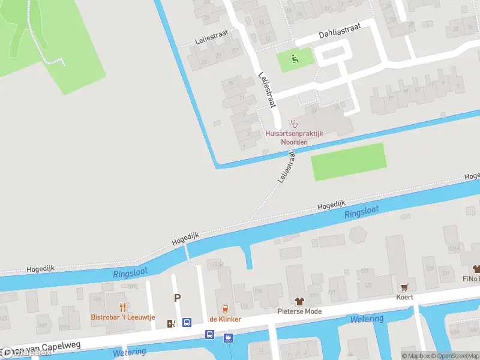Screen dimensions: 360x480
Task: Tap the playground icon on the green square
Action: (295, 58)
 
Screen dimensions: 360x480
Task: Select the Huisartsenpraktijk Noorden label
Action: (295, 137)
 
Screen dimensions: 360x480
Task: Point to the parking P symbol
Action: (177, 298)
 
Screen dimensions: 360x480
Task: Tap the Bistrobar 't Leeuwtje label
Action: (123, 317)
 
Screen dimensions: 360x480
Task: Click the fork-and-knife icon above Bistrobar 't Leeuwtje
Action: (123, 307)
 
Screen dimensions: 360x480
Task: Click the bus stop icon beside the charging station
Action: (187, 323)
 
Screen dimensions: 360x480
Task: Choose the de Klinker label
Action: (225, 319)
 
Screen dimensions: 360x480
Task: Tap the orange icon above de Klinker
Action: (225, 309)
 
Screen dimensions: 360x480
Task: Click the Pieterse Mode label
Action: (299, 311)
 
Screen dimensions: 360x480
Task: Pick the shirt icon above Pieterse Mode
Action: (299, 301)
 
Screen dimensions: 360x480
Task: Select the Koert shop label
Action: (405, 297)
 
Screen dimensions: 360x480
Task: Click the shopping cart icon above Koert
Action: (405, 287)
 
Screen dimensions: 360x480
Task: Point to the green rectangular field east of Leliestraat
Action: (348, 161)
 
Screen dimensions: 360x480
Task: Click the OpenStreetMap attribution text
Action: (456, 356)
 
